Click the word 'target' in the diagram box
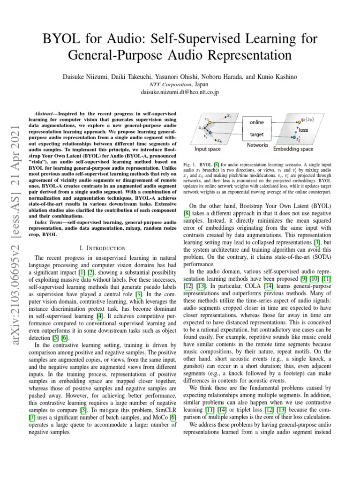[x=257, y=134]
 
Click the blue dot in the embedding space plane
[x=293, y=138]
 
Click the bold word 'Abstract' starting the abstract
[x=46, y=114]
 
